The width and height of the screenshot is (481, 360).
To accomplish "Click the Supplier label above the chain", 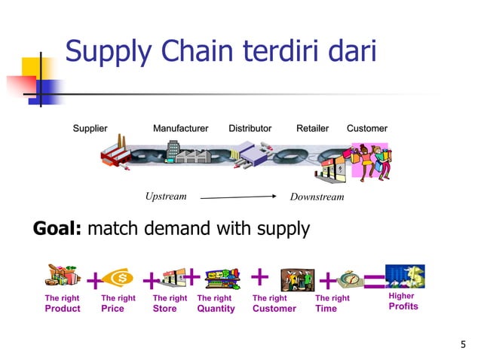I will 90,129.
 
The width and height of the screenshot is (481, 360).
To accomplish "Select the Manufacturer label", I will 180,129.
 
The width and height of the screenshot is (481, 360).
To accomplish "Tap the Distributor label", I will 250,129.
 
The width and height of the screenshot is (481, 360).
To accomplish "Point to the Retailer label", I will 312,129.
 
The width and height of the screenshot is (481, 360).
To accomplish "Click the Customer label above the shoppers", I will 367,129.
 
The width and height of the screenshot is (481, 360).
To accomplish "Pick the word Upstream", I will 165,197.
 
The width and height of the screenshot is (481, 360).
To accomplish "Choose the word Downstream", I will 317,197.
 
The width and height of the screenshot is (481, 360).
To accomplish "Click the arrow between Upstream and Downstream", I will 239,197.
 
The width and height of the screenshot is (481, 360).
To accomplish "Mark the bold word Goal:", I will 57,229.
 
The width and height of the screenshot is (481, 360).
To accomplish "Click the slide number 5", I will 463,345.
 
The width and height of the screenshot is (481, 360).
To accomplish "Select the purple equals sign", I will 373,282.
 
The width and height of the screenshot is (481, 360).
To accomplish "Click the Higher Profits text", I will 403,301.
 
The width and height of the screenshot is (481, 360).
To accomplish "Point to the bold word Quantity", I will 216,309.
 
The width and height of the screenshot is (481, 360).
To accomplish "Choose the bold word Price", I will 112,309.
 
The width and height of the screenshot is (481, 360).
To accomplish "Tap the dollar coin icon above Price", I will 118,279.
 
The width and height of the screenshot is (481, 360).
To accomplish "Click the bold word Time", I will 326,309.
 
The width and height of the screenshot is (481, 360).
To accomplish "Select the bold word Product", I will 63,309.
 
